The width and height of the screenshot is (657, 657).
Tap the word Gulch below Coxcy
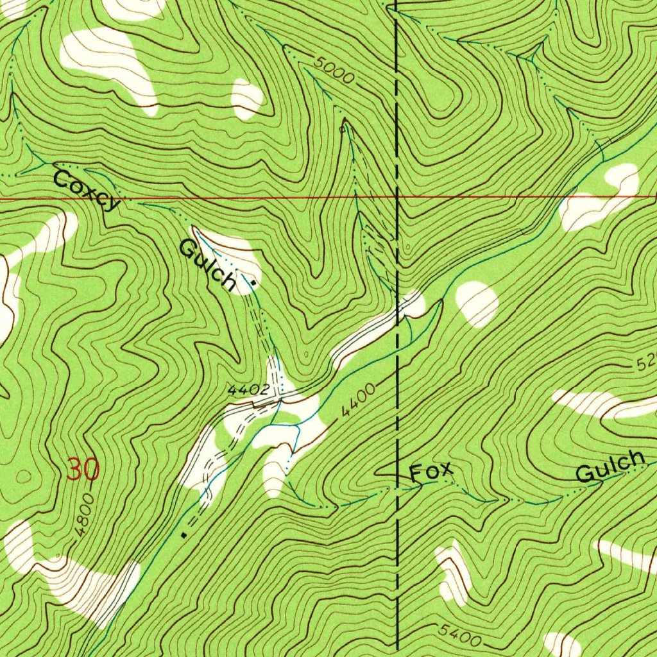click(x=207, y=264)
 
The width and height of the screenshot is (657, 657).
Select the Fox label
click(x=431, y=473)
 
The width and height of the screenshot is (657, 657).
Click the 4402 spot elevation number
click(x=247, y=389)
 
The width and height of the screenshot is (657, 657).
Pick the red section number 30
click(x=83, y=471)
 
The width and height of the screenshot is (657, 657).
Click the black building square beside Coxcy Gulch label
click(x=255, y=282)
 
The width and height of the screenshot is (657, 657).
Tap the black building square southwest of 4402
click(x=184, y=533)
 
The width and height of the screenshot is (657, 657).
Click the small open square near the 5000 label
click(x=343, y=129)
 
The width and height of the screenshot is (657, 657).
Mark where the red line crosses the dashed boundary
click(x=397, y=198)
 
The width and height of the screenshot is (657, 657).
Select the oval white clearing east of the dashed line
click(x=477, y=303)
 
